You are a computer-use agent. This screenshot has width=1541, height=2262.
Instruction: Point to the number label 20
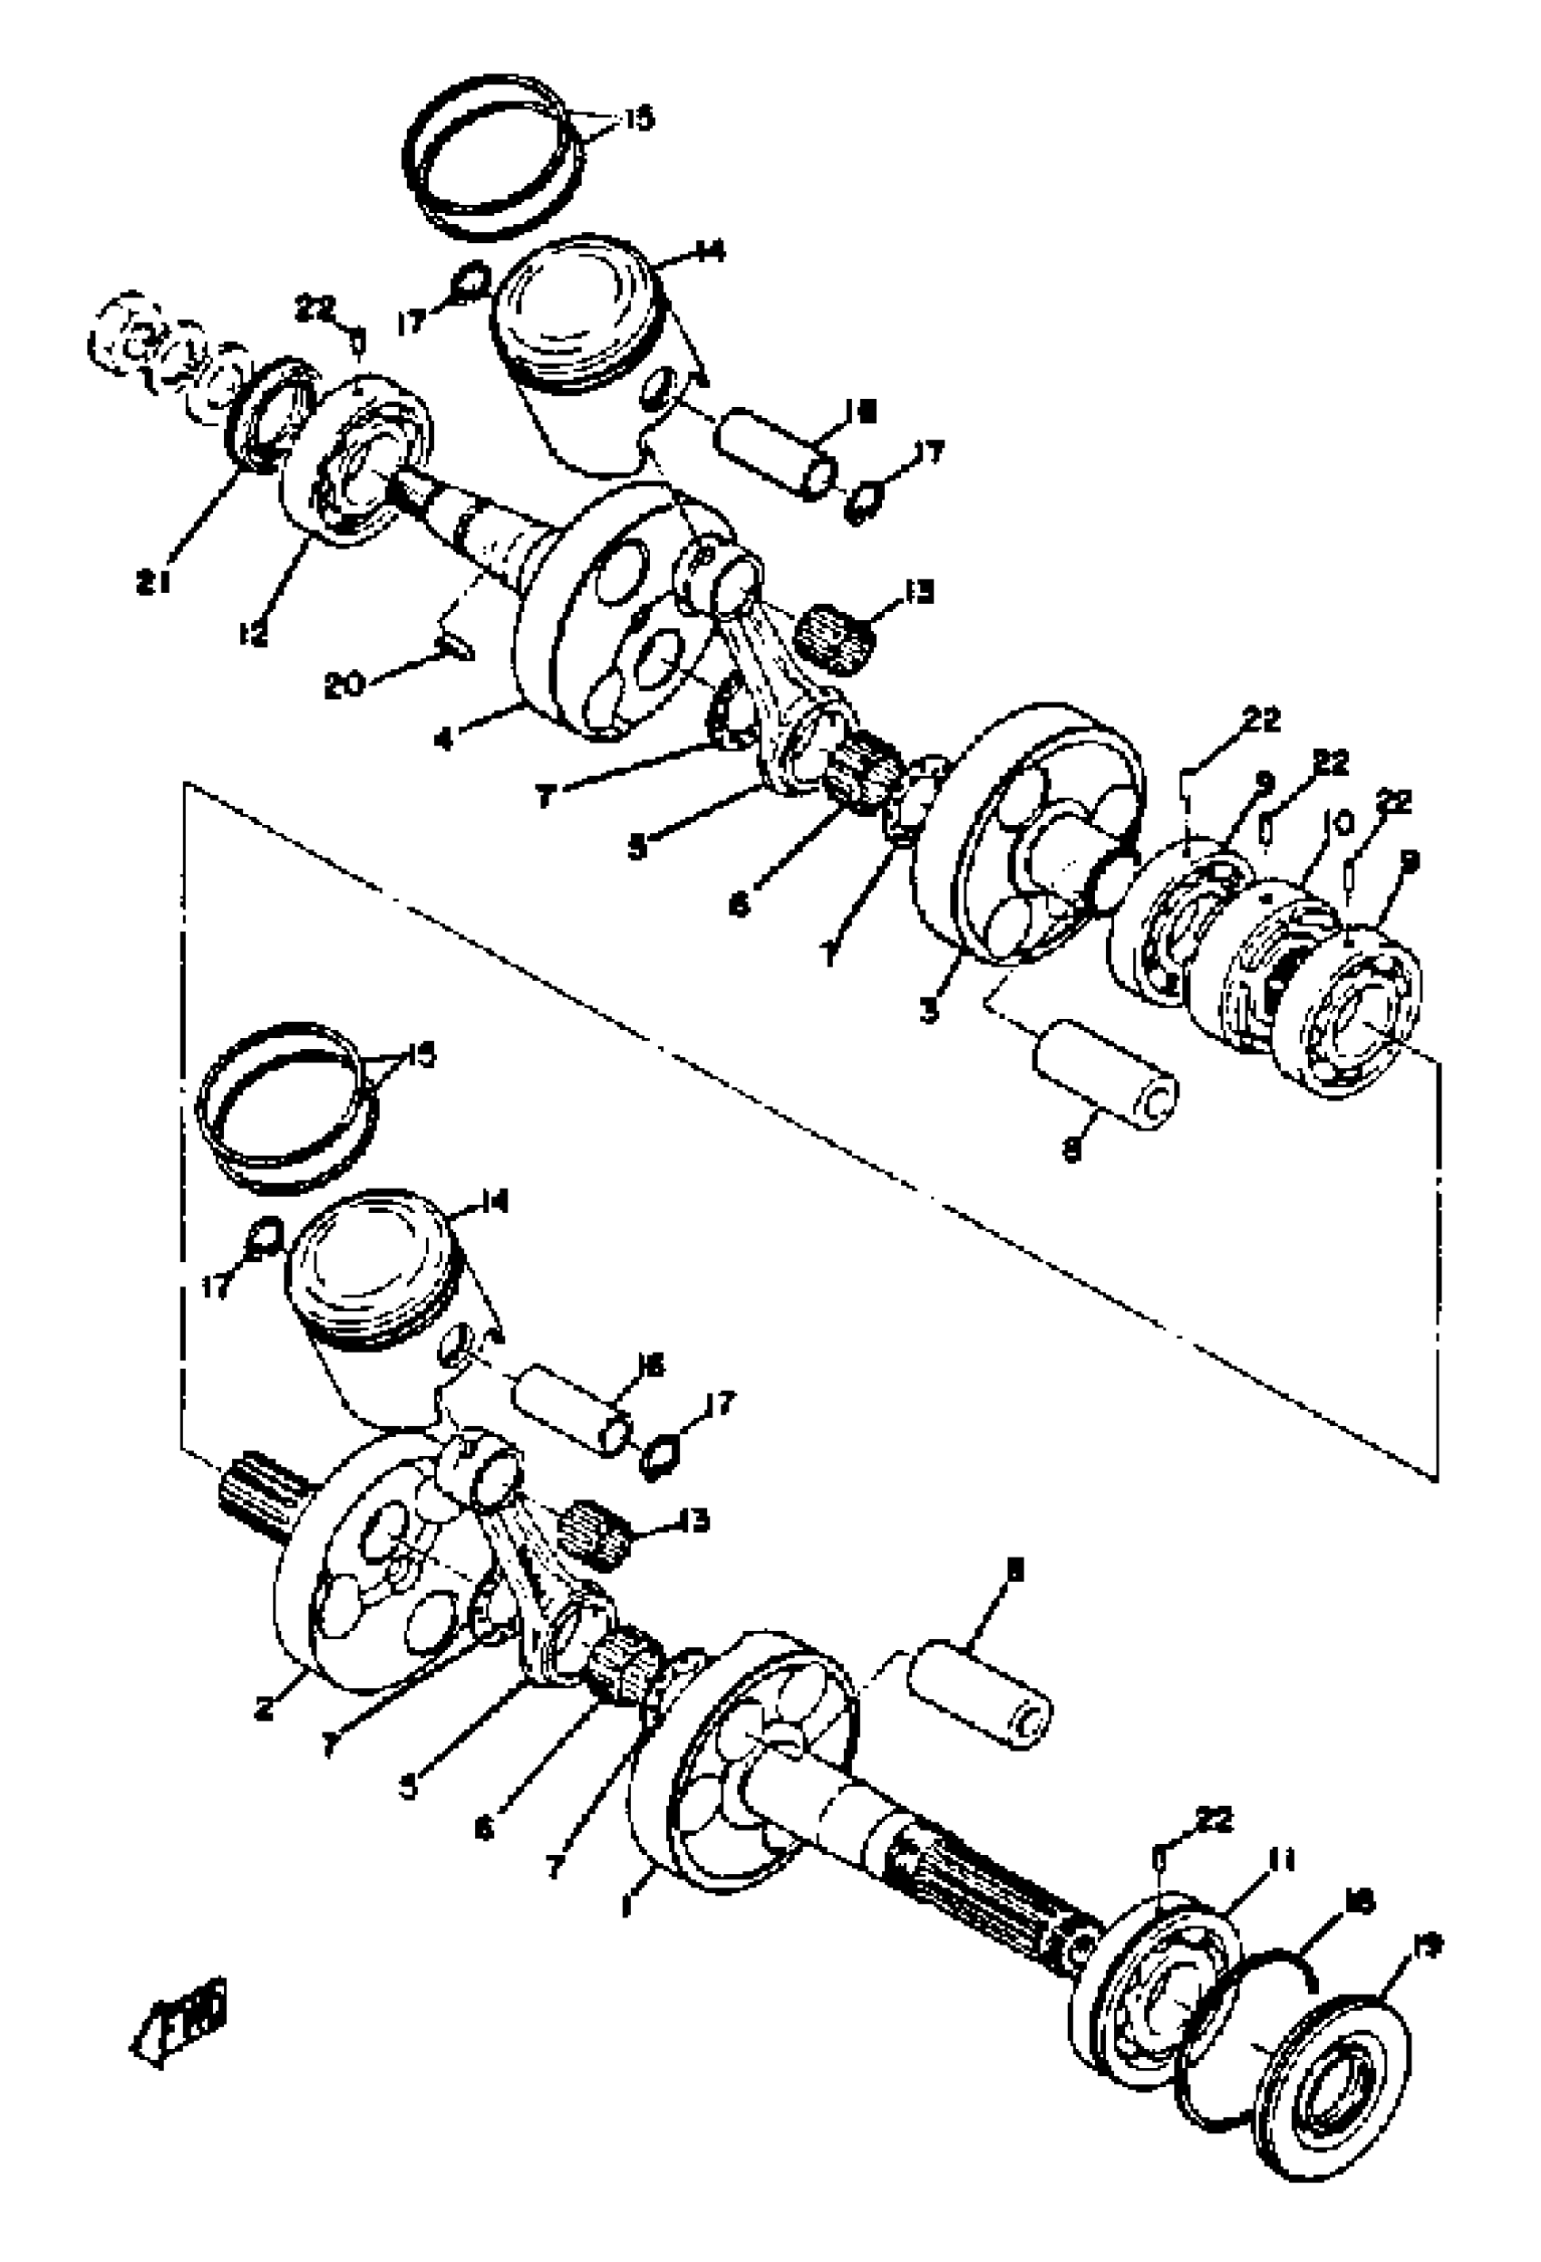click(344, 684)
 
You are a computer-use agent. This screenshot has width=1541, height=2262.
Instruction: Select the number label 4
click(444, 739)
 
